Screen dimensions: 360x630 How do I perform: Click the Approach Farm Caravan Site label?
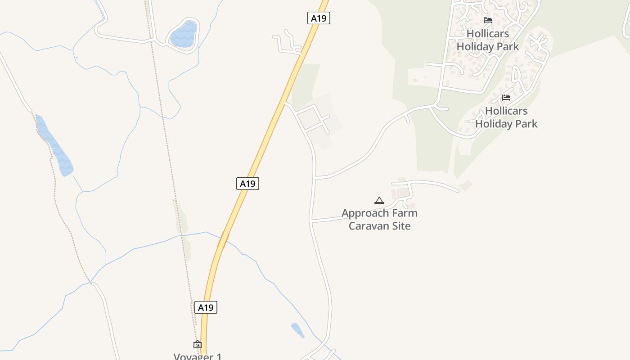tap(379, 219)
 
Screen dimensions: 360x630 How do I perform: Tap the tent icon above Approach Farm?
tap(379, 200)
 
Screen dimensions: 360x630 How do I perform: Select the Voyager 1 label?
tap(198, 356)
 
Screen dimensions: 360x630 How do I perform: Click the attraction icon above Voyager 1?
tap(198, 345)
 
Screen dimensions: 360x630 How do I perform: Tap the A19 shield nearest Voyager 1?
tap(206, 307)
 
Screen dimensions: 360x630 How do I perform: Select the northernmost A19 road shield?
tap(319, 18)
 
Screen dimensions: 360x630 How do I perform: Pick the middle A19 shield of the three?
tap(247, 183)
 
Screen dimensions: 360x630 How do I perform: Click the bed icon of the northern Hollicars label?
tap(487, 20)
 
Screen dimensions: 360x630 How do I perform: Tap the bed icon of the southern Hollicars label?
tap(506, 98)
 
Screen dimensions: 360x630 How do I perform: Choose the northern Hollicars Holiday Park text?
tap(488, 40)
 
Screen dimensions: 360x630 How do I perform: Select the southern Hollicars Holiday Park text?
tap(506, 117)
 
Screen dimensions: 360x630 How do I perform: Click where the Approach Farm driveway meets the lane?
tap(311, 220)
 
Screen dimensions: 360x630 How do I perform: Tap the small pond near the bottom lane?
tap(297, 330)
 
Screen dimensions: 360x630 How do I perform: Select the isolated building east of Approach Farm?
tap(466, 185)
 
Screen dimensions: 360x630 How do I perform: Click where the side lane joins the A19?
tap(285, 103)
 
